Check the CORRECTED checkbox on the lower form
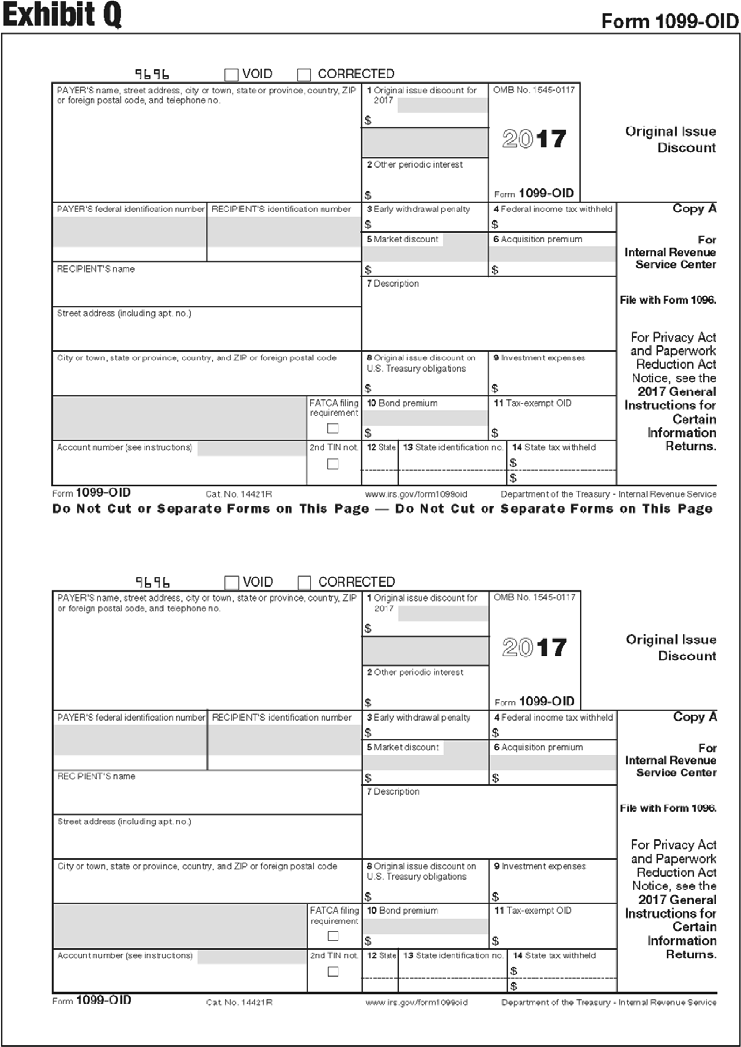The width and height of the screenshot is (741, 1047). (304, 583)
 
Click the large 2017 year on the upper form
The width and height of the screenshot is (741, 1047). (534, 139)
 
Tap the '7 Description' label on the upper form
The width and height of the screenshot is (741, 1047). (392, 283)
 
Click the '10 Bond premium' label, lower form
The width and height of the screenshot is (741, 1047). (403, 910)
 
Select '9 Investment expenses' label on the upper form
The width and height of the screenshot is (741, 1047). (539, 358)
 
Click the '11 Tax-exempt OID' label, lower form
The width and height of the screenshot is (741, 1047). (533, 910)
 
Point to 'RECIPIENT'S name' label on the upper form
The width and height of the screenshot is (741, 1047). (96, 269)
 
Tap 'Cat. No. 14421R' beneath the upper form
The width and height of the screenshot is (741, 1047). (239, 494)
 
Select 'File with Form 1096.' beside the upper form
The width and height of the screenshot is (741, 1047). (668, 300)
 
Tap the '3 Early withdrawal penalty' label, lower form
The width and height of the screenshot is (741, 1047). (418, 717)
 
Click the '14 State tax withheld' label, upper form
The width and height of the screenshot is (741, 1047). (554, 447)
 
